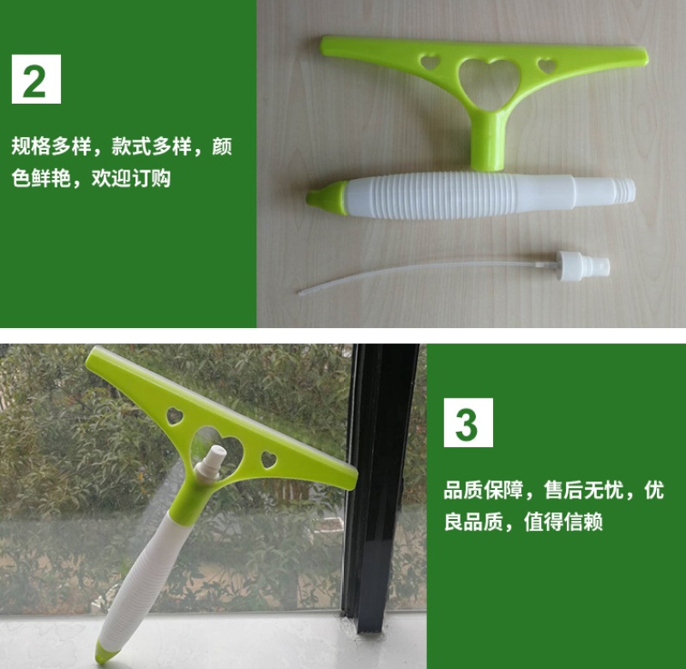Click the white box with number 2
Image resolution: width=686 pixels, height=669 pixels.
36,79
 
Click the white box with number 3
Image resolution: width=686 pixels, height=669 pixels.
468,422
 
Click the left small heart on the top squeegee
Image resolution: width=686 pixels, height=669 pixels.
430,62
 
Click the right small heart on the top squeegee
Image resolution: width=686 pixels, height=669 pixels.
547,66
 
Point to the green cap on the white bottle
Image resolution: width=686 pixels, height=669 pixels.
328,199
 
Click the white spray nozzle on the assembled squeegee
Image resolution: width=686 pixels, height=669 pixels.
212,463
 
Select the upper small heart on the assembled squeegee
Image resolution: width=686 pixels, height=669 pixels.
174,416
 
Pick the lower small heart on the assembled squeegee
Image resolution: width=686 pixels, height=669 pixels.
268,460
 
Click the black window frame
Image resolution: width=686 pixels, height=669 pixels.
378,485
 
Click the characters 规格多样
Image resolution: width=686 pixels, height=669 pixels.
51,146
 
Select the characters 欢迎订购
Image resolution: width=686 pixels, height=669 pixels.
131,178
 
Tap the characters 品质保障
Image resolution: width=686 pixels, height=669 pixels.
484,490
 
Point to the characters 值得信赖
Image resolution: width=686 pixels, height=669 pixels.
563,522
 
